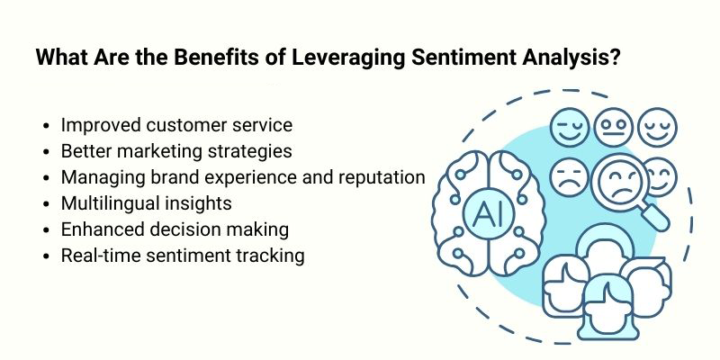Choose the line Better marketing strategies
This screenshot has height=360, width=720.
pos(176,151)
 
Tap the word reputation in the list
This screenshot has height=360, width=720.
pos(377,177)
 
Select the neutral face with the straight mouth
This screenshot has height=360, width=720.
pos(616,128)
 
